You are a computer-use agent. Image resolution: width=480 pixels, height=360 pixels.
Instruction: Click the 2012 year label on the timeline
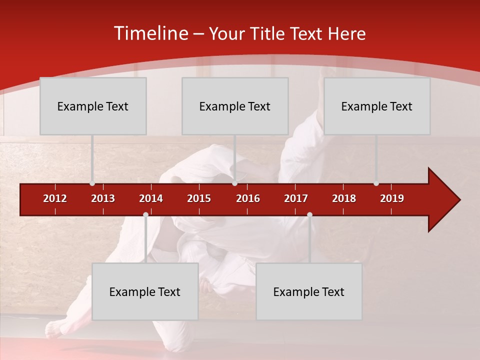[x=55, y=198]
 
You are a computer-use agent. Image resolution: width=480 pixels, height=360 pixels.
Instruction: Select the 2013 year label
[x=103, y=198]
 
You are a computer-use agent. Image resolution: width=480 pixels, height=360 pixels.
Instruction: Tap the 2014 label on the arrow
[x=151, y=198]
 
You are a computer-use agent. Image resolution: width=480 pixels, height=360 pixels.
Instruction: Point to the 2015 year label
[x=199, y=198]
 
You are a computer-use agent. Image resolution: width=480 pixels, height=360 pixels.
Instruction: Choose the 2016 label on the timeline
[x=248, y=198]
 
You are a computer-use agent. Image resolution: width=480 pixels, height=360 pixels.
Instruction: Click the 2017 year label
[x=296, y=198]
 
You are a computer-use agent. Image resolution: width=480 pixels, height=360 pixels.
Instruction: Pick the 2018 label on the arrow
[x=344, y=198]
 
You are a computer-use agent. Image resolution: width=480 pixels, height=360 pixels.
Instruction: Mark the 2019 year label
[x=392, y=198]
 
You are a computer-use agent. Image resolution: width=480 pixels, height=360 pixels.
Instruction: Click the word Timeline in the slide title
[x=150, y=33]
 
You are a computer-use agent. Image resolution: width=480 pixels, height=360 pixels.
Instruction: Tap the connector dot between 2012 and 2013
[x=92, y=183]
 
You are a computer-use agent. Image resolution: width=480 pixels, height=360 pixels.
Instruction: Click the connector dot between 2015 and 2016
[x=234, y=183]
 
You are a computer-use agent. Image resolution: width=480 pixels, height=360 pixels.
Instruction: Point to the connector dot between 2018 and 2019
[x=376, y=183]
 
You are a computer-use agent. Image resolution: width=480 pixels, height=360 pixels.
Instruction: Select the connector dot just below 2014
[x=145, y=215]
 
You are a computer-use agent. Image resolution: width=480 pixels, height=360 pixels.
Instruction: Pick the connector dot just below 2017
[x=309, y=215]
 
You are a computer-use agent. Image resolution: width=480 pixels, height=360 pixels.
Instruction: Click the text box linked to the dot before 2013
[x=93, y=106]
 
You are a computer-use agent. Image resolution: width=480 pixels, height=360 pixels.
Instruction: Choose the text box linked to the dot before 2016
[x=235, y=106]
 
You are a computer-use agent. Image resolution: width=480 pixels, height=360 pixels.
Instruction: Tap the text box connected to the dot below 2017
[x=309, y=291]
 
